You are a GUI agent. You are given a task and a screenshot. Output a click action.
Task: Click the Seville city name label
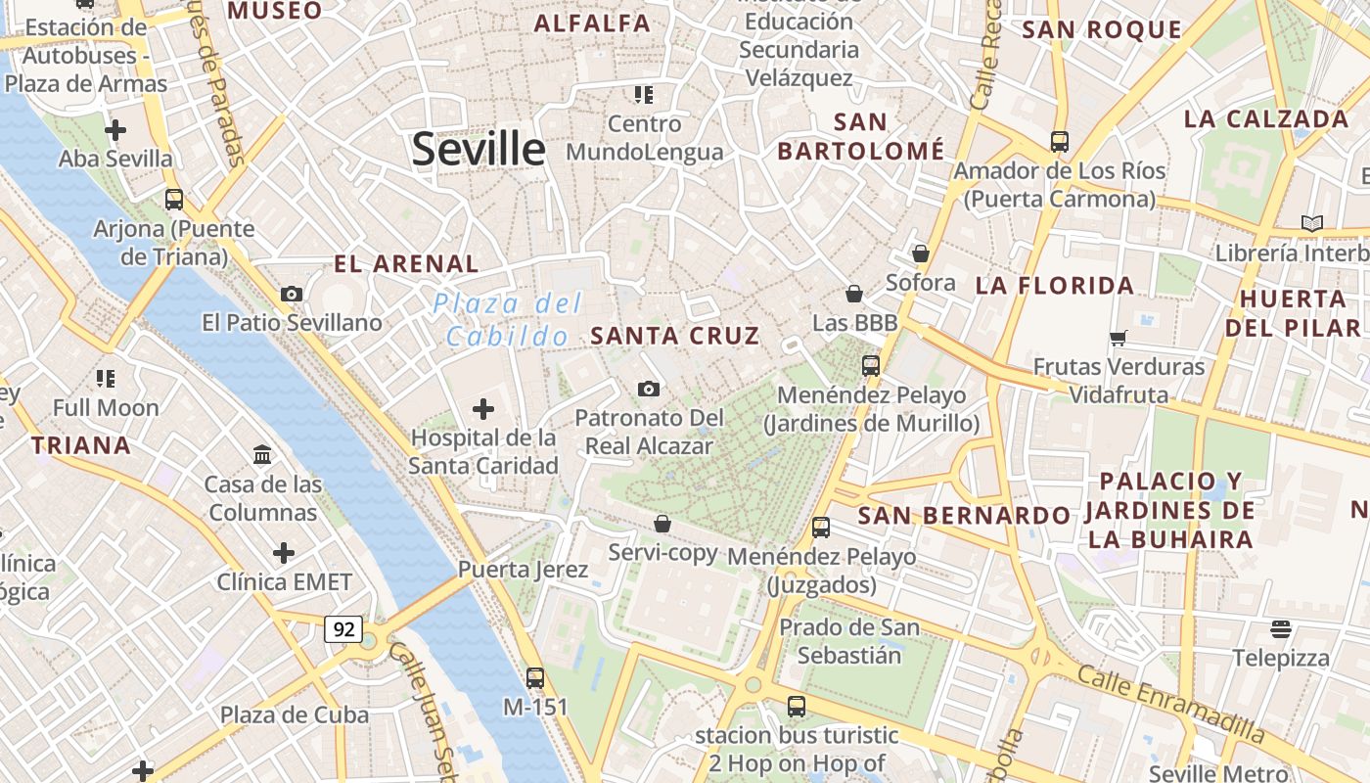pos(479,149)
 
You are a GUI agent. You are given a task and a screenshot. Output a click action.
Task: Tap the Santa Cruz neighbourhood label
pos(675,336)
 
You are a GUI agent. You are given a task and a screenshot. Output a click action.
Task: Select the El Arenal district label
pos(406,263)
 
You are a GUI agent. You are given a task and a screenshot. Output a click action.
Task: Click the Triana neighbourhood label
pos(80,445)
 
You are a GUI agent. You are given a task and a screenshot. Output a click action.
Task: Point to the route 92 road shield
pos(343,629)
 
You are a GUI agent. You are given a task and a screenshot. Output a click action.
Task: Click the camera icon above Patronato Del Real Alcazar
pos(648,390)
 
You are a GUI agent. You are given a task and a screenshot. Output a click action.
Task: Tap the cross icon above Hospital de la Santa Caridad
pos(483,408)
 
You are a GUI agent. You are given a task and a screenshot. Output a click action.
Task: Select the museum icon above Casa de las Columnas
pos(262,455)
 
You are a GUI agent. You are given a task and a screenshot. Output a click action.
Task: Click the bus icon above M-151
pos(534,677)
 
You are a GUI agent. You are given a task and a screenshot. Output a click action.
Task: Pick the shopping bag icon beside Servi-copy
pos(662,524)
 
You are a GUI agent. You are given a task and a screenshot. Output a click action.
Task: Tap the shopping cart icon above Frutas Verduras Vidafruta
pos(1119,338)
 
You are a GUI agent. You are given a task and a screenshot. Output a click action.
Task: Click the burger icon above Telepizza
pos(1281,628)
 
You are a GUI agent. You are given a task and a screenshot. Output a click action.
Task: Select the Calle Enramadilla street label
pos(1170,702)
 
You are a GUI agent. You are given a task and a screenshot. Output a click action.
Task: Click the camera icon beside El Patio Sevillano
pos(291,294)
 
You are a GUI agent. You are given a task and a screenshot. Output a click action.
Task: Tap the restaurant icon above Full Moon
pos(106,378)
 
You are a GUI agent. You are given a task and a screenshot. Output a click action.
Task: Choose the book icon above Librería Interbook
pos(1311,223)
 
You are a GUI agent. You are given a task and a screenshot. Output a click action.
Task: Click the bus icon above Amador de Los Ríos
pos(1059,141)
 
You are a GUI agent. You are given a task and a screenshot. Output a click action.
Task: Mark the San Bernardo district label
pos(964,515)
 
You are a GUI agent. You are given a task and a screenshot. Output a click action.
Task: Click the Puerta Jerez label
pos(524,570)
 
